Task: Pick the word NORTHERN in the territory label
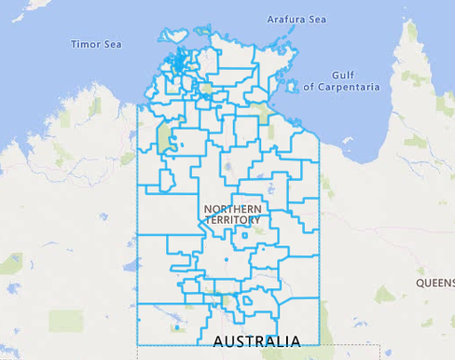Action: click(x=233, y=208)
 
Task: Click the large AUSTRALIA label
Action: click(x=256, y=340)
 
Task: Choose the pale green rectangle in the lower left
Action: click(x=65, y=321)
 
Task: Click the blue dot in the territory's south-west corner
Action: click(x=177, y=327)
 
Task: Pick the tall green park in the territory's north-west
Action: click(x=168, y=140)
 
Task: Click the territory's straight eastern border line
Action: click(x=318, y=242)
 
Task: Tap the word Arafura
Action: click(x=283, y=19)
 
